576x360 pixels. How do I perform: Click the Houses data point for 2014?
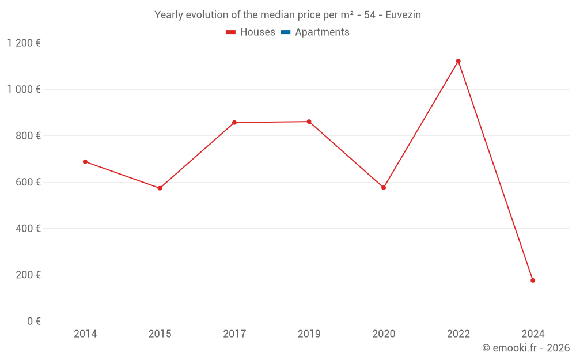coord(85,162)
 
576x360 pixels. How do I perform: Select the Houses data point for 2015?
coord(160,188)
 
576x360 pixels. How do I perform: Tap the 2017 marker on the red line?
coord(234,123)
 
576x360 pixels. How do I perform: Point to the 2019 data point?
coord(309,122)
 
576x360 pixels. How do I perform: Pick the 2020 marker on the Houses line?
coord(384,188)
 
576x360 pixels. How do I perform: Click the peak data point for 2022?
coord(458,61)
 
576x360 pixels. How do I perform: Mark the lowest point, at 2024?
coord(533,281)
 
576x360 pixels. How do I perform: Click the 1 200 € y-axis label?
coord(24,43)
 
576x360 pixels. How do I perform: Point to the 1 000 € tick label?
coord(24,89)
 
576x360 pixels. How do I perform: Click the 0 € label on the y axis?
coord(34,321)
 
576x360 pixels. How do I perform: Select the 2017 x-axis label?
coord(234,334)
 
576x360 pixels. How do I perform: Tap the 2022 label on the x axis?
coord(458,334)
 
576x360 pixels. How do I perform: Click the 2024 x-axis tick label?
coord(533,334)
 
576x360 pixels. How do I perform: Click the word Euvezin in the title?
coord(403,15)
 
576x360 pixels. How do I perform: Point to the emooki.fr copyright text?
coord(526,348)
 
